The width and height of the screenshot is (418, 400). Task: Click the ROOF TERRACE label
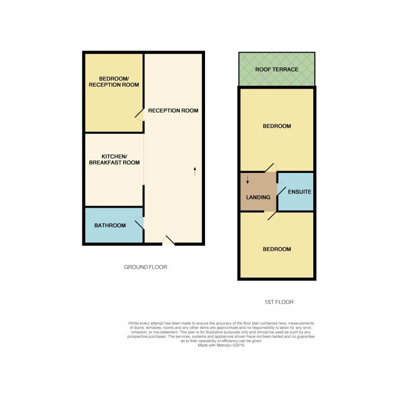coord(277,69)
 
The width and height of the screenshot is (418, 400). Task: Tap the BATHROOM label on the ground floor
coord(110,226)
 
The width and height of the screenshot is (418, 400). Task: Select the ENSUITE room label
coord(299,191)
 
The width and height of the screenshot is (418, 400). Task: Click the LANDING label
coord(258,197)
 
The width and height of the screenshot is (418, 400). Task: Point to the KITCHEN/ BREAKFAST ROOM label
coord(114,160)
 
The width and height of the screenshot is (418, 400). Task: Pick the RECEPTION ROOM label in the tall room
coord(173,111)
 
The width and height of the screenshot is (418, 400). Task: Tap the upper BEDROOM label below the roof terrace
coord(277,126)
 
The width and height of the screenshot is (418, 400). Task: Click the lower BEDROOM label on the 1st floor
coord(277,249)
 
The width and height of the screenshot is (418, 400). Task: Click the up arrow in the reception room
coord(195,171)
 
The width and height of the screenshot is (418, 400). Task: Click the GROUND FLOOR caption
coord(145,267)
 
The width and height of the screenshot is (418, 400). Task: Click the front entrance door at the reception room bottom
coord(169,241)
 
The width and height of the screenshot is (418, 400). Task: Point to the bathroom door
coord(139,224)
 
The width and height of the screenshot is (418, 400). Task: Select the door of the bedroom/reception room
coord(139,115)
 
